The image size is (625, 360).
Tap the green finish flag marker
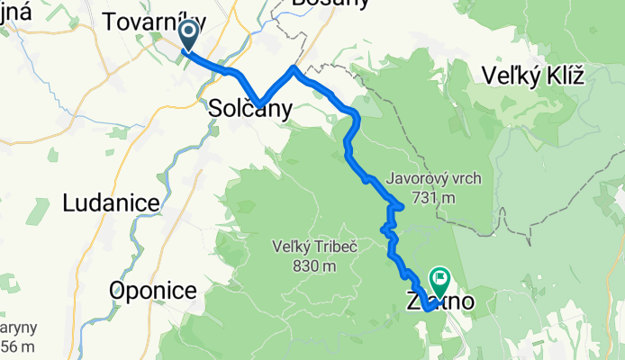click(x=440, y=281)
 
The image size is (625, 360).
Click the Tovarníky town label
click(x=155, y=22)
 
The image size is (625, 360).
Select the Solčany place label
click(x=250, y=109)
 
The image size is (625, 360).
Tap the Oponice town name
click(x=153, y=290)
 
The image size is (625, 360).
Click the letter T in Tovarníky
click(x=113, y=22)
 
